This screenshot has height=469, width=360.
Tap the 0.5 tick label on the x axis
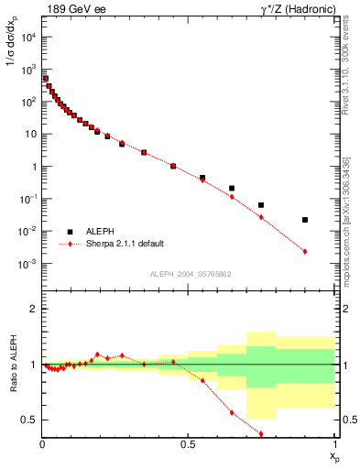tap(189, 446)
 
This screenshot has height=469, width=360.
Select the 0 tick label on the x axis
tap(42, 446)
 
